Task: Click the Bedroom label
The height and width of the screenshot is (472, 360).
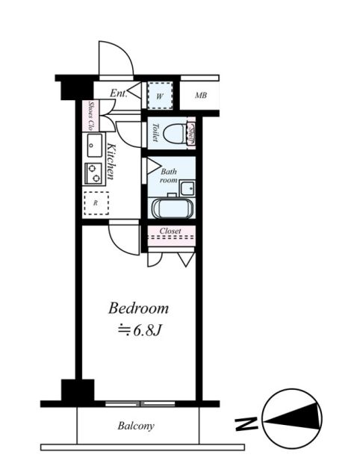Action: tap(139, 308)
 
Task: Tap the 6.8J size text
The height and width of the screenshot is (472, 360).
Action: tap(145, 329)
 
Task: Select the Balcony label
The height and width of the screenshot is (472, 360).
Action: tap(136, 426)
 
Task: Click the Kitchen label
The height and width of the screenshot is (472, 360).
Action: tap(109, 161)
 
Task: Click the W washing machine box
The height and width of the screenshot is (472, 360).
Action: tap(159, 95)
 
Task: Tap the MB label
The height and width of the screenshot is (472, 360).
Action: tap(201, 96)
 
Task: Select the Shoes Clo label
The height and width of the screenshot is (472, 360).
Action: tap(92, 116)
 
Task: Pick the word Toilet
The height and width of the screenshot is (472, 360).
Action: tap(153, 133)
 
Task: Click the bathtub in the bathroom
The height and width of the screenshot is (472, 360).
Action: tap(172, 208)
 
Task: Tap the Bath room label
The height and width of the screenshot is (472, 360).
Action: tap(169, 176)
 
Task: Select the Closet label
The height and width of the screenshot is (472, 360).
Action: tap(171, 232)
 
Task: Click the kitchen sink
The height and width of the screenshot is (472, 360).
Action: tap(94, 143)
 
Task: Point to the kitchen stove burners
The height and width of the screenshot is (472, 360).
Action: tap(94, 173)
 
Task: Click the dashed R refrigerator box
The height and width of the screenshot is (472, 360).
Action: tap(95, 202)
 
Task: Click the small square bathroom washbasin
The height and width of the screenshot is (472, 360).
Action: tap(188, 186)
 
